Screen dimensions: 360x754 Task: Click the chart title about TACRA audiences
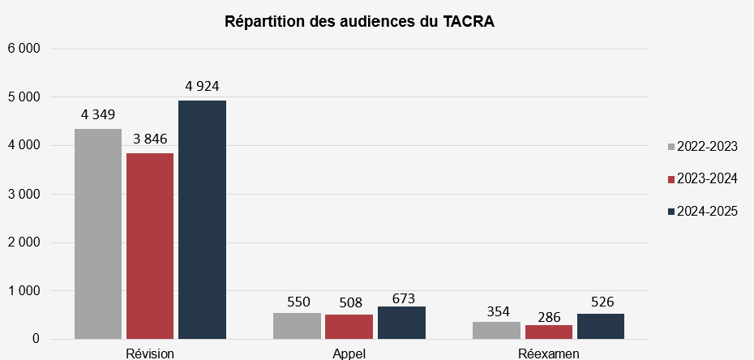pos(359,23)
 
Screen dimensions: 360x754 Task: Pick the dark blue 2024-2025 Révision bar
pos(202,220)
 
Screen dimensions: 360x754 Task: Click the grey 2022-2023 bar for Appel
pos(298,326)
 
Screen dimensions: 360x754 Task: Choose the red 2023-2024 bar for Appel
pos(349,327)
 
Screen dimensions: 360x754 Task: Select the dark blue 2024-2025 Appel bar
pos(401,323)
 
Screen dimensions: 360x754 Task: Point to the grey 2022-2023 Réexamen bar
pos(496,330)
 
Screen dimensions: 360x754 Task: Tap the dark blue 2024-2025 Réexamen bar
pos(601,326)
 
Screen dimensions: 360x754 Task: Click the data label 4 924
pos(202,86)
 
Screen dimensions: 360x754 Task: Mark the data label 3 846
pos(150,139)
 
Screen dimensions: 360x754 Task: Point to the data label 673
pos(401,298)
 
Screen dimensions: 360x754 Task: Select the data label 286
pos(549,317)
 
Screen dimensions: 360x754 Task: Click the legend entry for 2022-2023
pos(702,146)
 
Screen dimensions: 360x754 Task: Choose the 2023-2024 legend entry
pos(702,178)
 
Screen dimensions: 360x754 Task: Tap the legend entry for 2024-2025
pos(702,212)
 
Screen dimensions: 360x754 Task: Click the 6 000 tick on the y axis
pos(24,49)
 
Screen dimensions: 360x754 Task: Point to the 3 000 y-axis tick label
pos(24,195)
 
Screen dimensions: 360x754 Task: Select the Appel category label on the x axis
pos(349,354)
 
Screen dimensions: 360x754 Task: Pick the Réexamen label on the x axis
pos(549,354)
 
